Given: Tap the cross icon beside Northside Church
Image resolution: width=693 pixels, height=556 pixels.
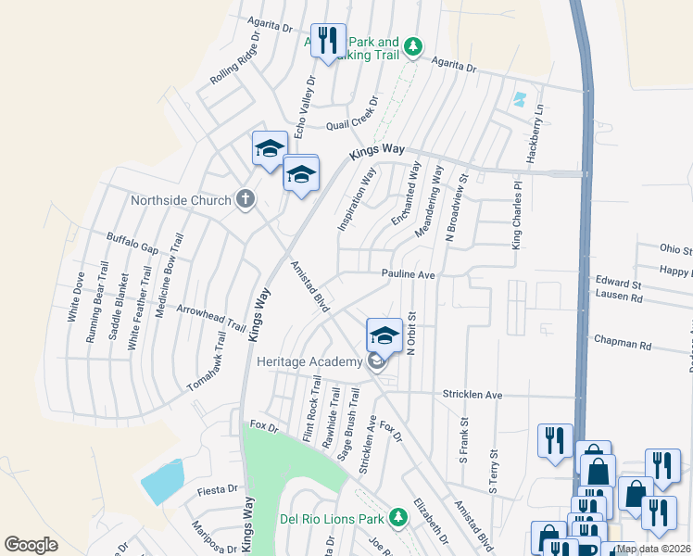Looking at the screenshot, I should (245, 199).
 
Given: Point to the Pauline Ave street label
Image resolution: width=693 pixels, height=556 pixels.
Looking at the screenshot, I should (409, 275).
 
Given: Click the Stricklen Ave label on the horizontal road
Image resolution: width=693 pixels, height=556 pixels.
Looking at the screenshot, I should (472, 395).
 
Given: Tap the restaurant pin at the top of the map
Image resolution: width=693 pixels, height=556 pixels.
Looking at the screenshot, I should (327, 42).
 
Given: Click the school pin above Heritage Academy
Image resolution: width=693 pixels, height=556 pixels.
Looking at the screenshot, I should (384, 335).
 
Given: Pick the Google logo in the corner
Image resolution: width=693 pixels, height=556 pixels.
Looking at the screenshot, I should (31, 545).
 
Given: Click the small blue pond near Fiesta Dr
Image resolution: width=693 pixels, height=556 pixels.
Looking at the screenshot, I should (161, 482).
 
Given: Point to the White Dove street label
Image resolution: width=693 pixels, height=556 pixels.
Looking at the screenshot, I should (76, 297).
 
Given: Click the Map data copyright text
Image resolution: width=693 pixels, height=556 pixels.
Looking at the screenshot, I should (653, 549).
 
